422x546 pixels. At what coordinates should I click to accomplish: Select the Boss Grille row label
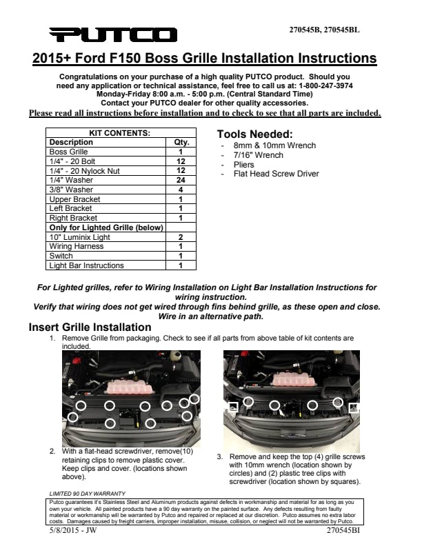click(x=69, y=152)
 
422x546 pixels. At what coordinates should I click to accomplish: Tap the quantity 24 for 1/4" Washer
click(x=181, y=180)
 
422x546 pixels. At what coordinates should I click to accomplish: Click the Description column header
click(x=71, y=142)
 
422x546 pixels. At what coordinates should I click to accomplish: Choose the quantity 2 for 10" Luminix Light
click(x=181, y=236)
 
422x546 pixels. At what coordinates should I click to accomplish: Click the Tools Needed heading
click(x=255, y=134)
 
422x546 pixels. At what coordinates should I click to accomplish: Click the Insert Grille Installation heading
click(x=90, y=327)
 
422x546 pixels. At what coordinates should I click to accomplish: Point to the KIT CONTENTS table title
click(x=120, y=132)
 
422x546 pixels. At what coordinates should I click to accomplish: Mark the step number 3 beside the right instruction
click(x=219, y=456)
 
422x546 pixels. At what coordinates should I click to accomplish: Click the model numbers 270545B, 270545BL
click(x=323, y=30)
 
